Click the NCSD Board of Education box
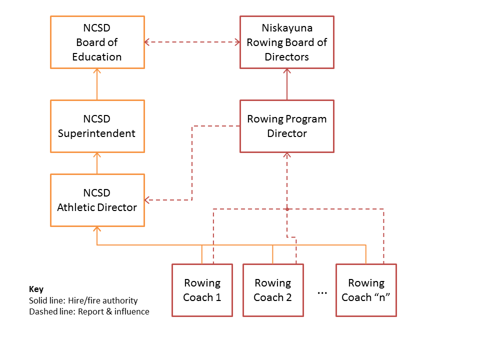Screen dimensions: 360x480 tap(97, 42)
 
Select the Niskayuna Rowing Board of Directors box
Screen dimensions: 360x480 tap(286, 42)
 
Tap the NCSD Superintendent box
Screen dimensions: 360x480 tap(97, 126)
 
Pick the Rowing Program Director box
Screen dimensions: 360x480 tap(286, 126)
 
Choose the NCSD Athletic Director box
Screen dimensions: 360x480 tap(97, 200)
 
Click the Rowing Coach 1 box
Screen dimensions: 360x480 tap(202, 290)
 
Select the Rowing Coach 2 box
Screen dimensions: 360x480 tap(272, 290)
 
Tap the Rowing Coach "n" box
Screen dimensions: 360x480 tap(365, 290)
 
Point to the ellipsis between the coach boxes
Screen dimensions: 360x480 tap(322, 291)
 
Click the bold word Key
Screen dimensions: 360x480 tap(36, 289)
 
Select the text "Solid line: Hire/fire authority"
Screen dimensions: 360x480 tap(83, 300)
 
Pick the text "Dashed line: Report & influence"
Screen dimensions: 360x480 tap(89, 311)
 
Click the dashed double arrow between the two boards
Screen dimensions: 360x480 tap(192, 42)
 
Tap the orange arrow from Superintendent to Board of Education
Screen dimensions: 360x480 tap(97, 84)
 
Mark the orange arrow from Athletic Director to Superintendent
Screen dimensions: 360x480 tap(97, 163)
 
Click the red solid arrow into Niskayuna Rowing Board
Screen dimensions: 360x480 tap(287, 84)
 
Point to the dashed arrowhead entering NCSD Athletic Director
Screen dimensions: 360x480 tap(148, 200)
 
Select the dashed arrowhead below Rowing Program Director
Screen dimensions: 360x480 tap(287, 156)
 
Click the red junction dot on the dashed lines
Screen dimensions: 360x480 tap(287, 208)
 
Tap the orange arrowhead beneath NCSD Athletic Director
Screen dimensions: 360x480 tap(97, 229)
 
